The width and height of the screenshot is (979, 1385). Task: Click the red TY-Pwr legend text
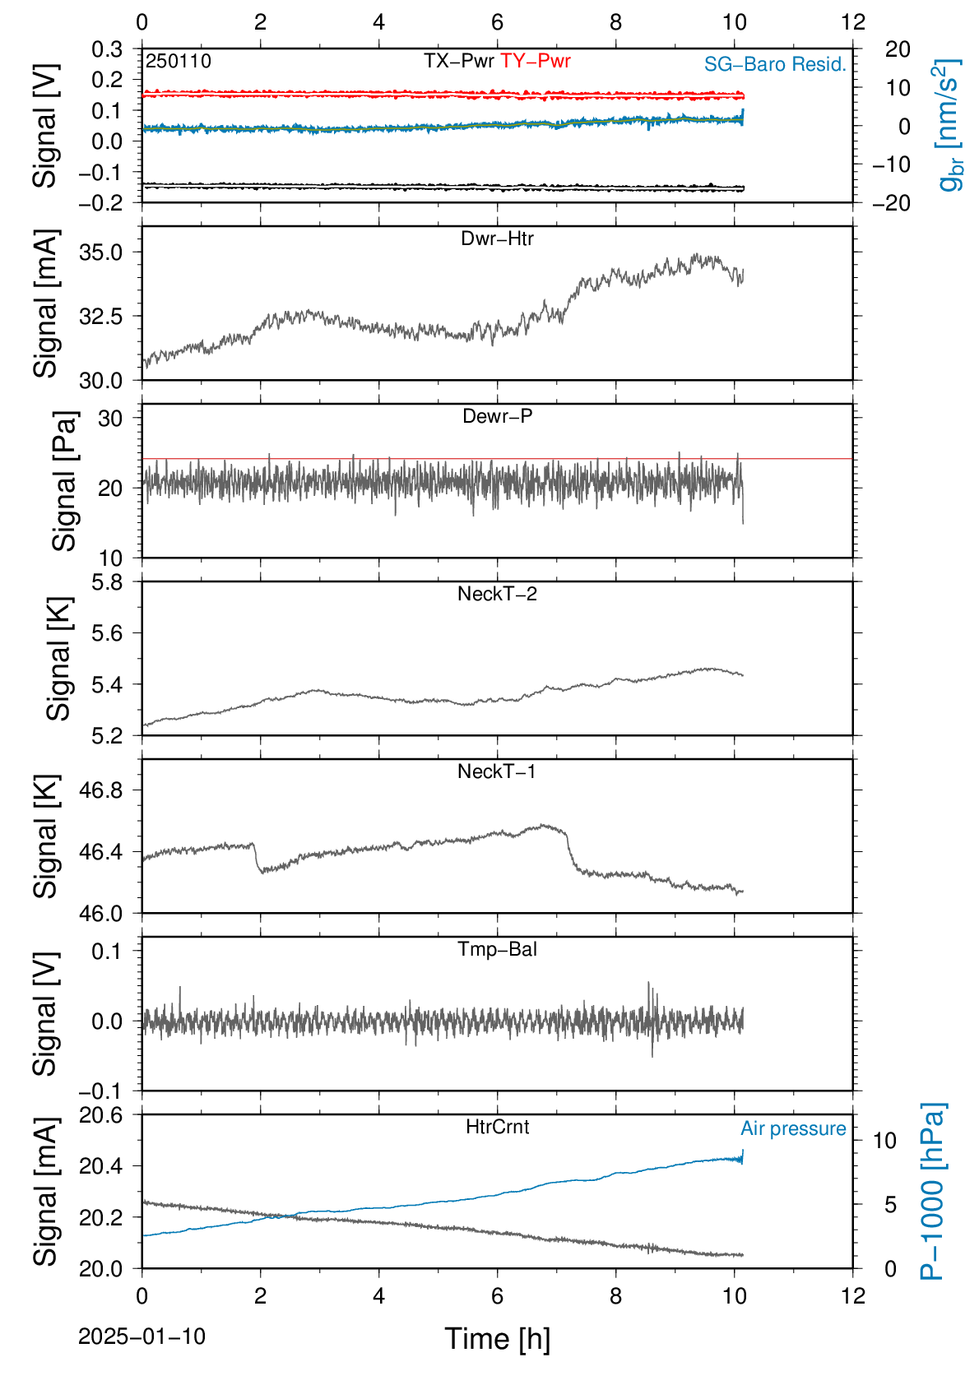tap(535, 61)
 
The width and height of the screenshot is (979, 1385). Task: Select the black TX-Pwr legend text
tap(458, 61)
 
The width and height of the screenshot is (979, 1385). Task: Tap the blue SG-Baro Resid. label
tap(775, 64)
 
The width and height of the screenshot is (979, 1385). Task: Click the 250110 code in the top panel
tap(179, 61)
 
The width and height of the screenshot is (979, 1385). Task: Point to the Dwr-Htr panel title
tap(497, 239)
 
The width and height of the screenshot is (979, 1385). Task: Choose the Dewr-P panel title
tap(497, 416)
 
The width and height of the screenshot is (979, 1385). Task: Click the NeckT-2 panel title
tap(497, 594)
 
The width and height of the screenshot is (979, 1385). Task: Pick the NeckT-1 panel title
tap(497, 771)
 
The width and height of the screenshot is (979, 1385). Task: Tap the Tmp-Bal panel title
tap(497, 949)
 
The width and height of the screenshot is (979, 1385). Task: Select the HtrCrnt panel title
tap(497, 1127)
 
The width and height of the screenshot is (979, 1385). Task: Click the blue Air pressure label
tap(793, 1129)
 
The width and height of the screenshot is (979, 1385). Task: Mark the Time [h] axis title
tap(497, 1339)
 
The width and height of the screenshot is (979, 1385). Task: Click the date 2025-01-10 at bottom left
tap(142, 1336)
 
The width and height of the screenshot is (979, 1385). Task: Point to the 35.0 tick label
tap(101, 252)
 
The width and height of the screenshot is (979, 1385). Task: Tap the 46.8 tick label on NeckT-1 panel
tap(101, 790)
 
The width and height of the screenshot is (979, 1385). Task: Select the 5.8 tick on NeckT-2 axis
tap(107, 582)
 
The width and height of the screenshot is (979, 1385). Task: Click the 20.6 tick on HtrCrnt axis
tap(101, 1114)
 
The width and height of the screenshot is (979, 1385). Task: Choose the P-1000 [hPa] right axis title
tap(933, 1192)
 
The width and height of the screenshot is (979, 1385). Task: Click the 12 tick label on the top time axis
tap(853, 22)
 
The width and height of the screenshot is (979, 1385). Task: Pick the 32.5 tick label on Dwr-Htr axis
tap(101, 317)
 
